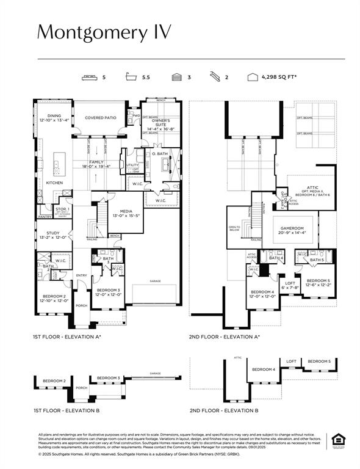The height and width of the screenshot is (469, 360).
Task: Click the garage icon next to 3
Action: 177,78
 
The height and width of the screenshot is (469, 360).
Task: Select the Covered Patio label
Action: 100,118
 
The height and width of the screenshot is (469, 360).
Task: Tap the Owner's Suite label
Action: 161,125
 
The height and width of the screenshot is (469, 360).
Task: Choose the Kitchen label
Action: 55,183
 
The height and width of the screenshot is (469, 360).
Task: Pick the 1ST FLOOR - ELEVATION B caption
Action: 65,410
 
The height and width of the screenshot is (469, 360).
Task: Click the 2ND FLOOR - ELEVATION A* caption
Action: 224,336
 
